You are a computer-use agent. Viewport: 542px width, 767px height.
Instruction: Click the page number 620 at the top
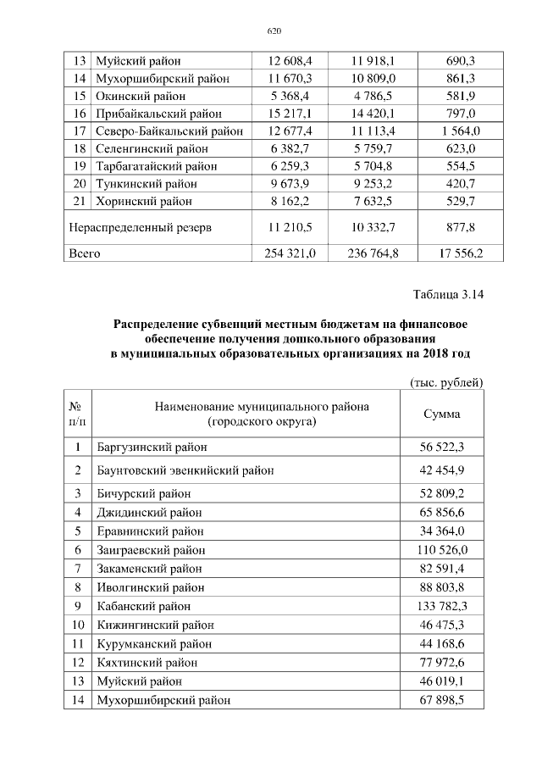tap(273, 31)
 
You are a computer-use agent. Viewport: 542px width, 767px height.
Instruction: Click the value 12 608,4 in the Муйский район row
tap(290, 61)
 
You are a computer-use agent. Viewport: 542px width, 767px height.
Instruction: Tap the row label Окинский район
tap(140, 96)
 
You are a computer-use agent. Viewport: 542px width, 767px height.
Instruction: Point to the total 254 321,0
tap(290, 253)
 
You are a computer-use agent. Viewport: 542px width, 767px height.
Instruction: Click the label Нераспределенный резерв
tap(141, 227)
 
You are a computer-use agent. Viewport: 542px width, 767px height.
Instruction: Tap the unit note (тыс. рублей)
tap(445, 382)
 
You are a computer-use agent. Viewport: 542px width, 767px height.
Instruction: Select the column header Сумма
tap(441, 414)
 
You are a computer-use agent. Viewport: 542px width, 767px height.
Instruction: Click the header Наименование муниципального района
tap(262, 407)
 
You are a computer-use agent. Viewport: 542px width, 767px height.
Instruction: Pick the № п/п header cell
tap(77, 414)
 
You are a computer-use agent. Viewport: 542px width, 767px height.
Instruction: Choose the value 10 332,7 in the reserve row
tap(373, 227)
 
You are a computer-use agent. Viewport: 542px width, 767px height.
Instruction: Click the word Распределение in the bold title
tap(157, 324)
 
